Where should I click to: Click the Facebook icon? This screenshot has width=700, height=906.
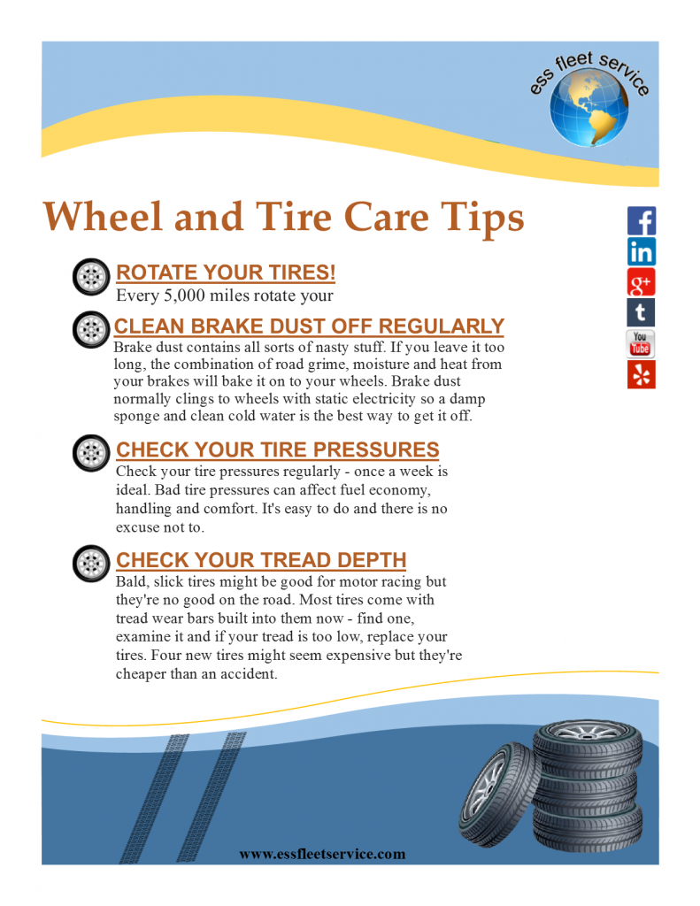coord(641,220)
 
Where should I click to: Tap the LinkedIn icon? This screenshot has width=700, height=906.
coord(641,251)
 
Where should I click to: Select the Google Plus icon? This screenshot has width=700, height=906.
coord(641,282)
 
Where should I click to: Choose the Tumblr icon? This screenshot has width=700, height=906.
coord(641,312)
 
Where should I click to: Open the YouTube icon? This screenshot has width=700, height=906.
coord(641,343)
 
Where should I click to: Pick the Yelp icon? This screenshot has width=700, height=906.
coord(641,374)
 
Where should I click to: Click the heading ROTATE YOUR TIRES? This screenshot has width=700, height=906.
coord(226,272)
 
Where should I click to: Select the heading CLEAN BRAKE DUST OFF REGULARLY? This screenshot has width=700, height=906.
coord(309,326)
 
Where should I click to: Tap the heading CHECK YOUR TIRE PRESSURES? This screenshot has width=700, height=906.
coord(277,449)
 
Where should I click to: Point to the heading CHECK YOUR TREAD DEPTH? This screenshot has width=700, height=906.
coord(261,560)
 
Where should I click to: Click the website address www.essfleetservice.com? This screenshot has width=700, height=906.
coord(322,854)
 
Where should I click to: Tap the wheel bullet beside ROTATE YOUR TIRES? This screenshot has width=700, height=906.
coord(90,277)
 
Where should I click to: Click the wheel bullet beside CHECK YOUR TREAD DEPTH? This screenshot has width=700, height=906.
coord(90,563)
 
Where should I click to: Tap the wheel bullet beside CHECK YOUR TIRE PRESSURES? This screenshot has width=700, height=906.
coord(90,452)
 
